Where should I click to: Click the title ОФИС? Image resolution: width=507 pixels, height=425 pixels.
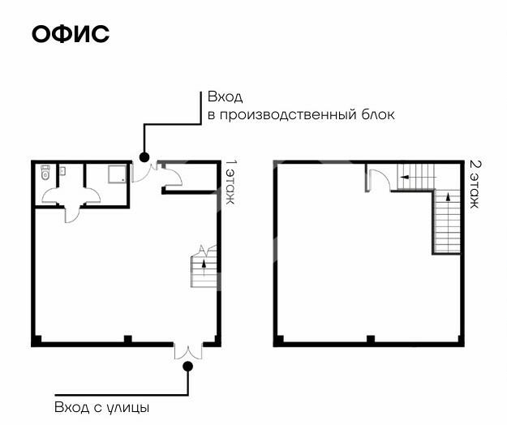point(71,35)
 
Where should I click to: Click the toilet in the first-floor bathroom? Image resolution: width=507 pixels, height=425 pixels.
point(45,173)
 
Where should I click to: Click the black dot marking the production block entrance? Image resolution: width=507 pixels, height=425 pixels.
point(144,157)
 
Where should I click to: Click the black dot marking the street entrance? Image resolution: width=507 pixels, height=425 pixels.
point(188,366)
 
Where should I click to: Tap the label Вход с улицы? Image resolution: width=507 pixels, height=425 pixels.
point(101,406)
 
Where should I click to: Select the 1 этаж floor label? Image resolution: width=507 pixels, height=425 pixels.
point(230,183)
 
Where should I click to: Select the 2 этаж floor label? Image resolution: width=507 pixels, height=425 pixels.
point(475,183)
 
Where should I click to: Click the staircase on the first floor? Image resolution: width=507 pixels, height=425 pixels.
point(204,267)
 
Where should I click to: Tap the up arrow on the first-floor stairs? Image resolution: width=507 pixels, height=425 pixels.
point(204,262)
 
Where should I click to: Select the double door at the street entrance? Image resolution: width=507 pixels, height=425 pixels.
point(187,350)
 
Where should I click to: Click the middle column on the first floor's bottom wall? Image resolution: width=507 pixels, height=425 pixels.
point(127,338)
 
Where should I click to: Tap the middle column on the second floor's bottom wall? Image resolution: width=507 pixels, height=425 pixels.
point(370,338)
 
